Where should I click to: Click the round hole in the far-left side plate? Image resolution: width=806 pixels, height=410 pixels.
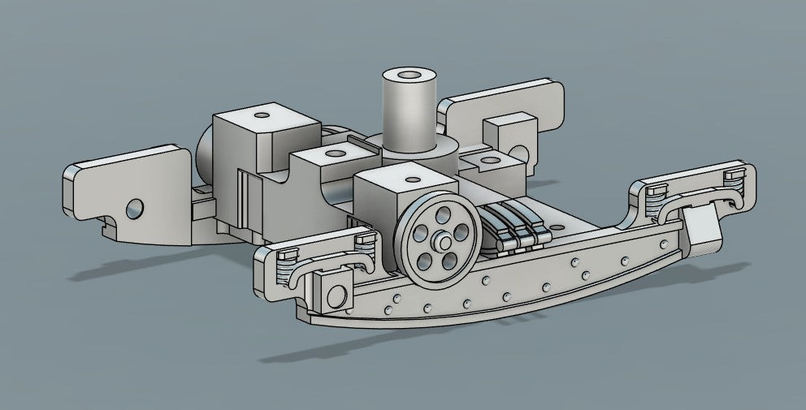click(x=135, y=209)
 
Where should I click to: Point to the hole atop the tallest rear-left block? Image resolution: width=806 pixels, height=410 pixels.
click(x=262, y=114)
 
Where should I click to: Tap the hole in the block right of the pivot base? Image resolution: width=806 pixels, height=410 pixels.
click(x=489, y=162)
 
